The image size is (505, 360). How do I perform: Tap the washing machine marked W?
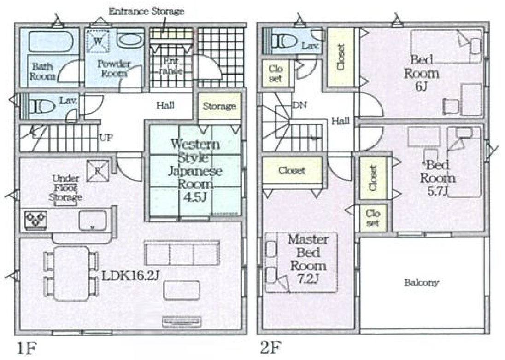[98, 41]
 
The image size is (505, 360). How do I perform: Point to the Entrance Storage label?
[147, 11]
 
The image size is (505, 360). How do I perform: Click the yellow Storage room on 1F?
[219, 106]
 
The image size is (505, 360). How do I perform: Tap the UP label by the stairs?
[106, 138]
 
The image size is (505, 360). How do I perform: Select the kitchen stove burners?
[35, 220]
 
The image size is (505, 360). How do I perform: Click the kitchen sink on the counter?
[93, 221]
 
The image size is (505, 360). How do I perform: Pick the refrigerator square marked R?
[98, 170]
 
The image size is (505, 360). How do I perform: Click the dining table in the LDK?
[71, 273]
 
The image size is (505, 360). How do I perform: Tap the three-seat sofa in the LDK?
[182, 253]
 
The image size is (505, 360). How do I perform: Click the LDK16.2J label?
[130, 276]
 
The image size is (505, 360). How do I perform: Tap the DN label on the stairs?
[299, 105]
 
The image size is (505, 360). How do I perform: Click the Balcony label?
[422, 283]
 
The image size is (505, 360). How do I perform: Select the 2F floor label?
[271, 348]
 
